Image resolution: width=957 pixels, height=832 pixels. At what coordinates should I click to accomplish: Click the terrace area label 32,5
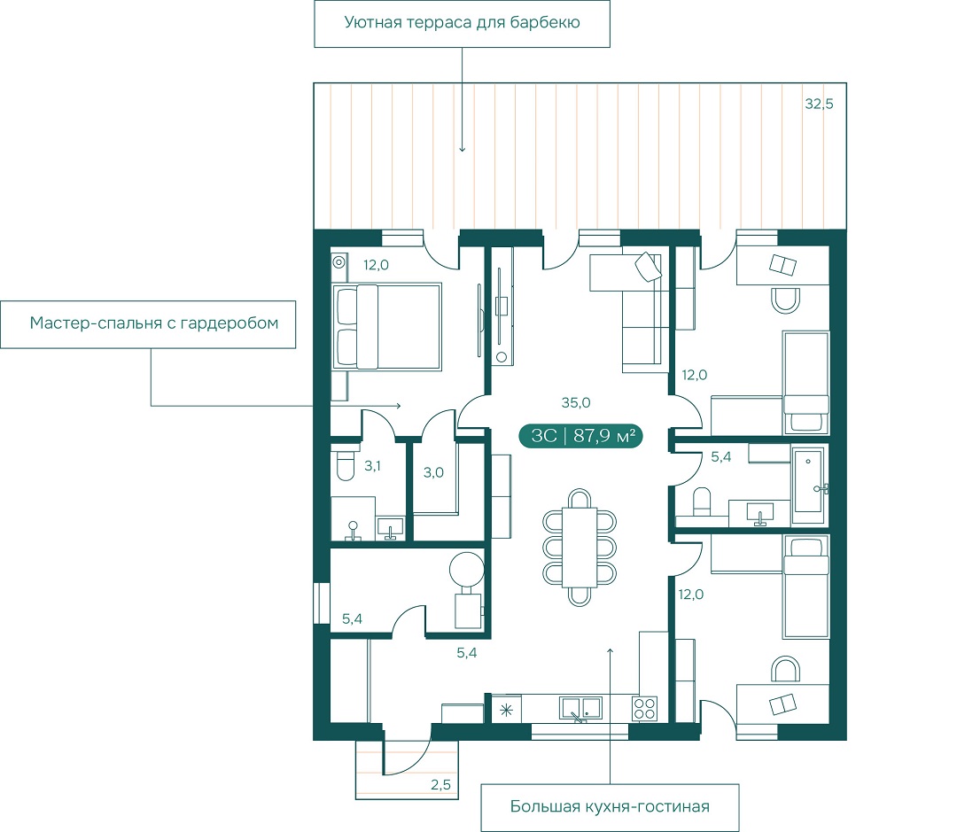click(819, 105)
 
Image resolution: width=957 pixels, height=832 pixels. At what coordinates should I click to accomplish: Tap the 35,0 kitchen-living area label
click(576, 403)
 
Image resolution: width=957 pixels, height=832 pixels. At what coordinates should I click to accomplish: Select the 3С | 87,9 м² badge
click(580, 436)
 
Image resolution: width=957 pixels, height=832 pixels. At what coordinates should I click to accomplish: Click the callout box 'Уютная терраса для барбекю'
click(462, 24)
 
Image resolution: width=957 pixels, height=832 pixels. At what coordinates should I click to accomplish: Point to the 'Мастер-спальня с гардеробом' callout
click(148, 324)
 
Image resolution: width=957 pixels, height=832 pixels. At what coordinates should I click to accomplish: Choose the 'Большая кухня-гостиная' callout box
click(610, 807)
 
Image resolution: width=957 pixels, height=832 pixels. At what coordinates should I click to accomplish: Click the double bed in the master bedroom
click(387, 327)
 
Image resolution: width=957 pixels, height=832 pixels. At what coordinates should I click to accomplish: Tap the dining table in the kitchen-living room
click(580, 547)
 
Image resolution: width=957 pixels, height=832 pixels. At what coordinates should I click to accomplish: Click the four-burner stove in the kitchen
click(644, 710)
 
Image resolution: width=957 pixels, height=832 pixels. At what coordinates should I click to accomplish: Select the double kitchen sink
click(580, 708)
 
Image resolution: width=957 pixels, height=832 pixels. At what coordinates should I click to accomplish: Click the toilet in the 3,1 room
click(346, 466)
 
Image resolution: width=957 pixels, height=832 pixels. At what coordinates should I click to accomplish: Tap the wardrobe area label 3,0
click(433, 472)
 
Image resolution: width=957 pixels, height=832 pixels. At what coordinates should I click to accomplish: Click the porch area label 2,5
click(440, 785)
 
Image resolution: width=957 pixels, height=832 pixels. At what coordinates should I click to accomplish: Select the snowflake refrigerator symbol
click(507, 711)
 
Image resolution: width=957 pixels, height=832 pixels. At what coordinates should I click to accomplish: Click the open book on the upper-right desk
click(783, 266)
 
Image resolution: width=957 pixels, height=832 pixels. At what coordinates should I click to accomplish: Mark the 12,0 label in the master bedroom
click(376, 266)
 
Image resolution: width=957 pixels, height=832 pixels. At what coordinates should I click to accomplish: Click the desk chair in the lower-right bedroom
click(785, 669)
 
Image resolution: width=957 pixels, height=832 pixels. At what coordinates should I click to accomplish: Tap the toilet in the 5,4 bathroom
click(702, 501)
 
